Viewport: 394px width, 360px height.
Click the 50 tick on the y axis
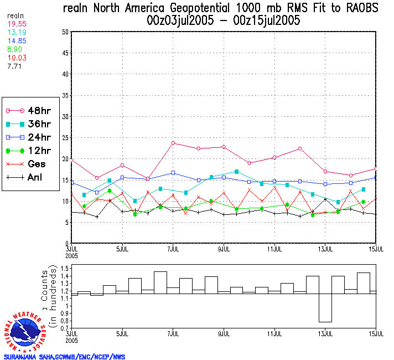(x=65, y=32)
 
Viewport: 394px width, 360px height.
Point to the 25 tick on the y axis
(x=65, y=137)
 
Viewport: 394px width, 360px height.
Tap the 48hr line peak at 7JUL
(x=173, y=143)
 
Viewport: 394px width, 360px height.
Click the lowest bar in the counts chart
(x=325, y=308)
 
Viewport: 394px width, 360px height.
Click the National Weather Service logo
(x=25, y=331)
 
